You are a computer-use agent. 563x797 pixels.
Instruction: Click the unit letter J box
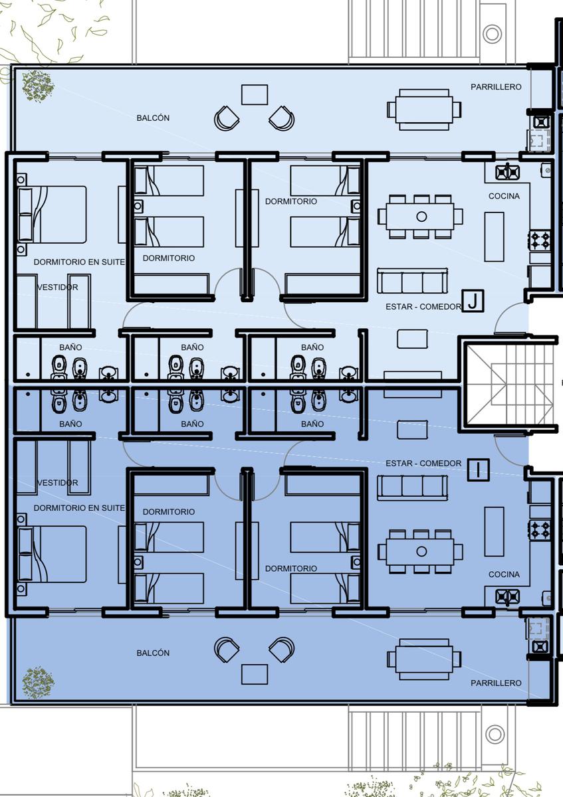coord(473,301)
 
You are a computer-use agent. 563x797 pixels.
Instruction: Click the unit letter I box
coord(478,470)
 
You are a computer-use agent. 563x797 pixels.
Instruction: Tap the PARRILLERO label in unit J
coord(496,87)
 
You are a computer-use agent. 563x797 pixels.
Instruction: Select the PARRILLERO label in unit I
coord(496,683)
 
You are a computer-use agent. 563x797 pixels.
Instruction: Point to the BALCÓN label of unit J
coord(153,118)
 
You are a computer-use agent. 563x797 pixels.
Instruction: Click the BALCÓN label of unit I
coord(153,653)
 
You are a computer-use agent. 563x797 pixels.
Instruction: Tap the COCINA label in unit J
coord(504,196)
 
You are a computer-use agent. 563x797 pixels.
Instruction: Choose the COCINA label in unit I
coord(504,575)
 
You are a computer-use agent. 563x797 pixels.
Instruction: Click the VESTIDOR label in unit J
coord(57,287)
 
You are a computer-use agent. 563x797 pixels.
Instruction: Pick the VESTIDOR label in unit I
coord(57,483)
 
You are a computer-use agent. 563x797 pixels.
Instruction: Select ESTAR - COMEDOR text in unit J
coord(423,306)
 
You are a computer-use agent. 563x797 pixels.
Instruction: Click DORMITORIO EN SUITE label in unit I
coord(79,508)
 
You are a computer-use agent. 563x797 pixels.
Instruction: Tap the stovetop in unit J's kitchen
coord(540,240)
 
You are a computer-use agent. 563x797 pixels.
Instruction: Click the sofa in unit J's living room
coord(412,281)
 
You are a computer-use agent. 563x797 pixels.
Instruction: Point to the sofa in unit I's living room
coord(412,487)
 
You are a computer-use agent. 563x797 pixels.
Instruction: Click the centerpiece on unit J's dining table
coord(421,217)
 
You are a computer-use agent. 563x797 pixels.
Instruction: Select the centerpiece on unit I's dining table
coord(421,551)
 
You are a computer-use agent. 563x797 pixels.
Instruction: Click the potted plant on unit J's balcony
coord(38,86)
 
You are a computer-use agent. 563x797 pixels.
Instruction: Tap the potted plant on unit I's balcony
coord(38,683)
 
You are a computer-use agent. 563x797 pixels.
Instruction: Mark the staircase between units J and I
coord(510,385)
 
